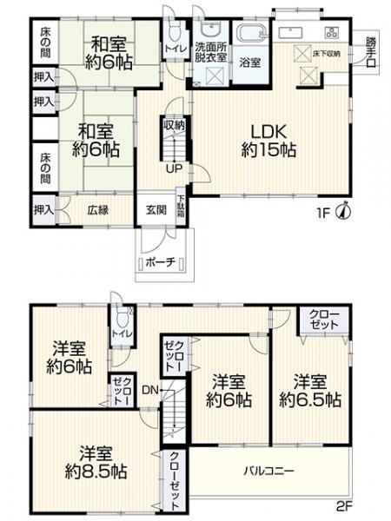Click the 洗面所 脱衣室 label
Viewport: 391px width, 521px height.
(211, 50)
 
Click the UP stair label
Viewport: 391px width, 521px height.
(173, 168)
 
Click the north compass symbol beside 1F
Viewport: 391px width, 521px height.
(346, 209)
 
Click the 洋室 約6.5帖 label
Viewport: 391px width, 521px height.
(310, 392)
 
